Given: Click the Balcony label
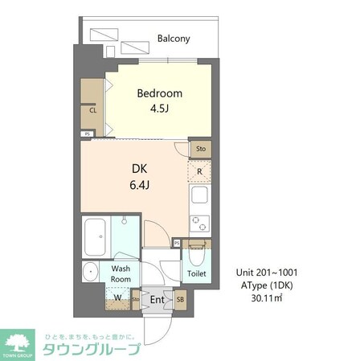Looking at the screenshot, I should click(x=173, y=38).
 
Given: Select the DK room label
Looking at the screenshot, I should click(x=139, y=170).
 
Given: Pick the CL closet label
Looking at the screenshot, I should click(x=93, y=112).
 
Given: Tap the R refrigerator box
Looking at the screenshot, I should click(x=199, y=170).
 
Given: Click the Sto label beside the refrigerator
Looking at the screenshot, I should click(x=199, y=149).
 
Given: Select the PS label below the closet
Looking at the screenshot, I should click(x=88, y=134).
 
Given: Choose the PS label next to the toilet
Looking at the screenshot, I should click(x=177, y=241).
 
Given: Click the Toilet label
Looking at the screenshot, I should click(x=197, y=274).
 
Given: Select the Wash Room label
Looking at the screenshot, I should click(x=121, y=274).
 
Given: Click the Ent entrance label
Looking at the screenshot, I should click(x=156, y=300).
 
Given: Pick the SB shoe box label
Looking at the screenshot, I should click(x=180, y=300).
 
